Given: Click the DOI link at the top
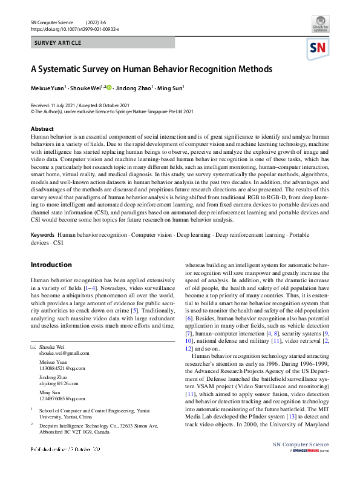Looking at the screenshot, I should (x=74, y=28).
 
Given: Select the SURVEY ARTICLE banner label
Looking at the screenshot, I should (x=57, y=44).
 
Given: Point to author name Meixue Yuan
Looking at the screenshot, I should (x=50, y=88).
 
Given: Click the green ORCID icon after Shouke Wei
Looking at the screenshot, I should (x=110, y=87).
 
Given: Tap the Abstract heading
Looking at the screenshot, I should (x=42, y=128).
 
